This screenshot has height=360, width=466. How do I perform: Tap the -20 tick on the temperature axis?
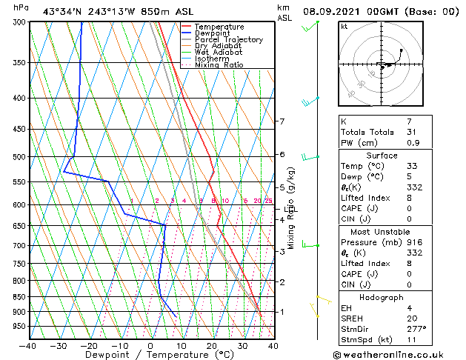click(x=90, y=345)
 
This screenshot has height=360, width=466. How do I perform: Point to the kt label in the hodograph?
click(x=344, y=27)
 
